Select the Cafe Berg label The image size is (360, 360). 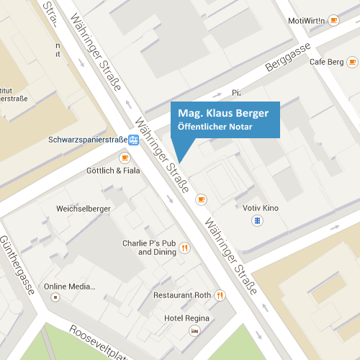(327, 62)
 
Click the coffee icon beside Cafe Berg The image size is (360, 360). (352, 62)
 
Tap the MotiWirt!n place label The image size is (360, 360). (307, 20)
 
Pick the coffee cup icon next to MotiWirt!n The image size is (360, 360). (333, 20)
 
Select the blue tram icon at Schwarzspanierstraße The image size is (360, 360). (133, 140)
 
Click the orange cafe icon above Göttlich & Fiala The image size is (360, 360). (125, 158)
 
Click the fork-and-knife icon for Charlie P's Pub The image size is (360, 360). (185, 248)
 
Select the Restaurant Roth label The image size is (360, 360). (182, 295)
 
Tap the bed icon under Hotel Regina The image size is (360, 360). (194, 330)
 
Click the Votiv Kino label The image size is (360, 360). (261, 208)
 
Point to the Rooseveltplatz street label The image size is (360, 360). (101, 343)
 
